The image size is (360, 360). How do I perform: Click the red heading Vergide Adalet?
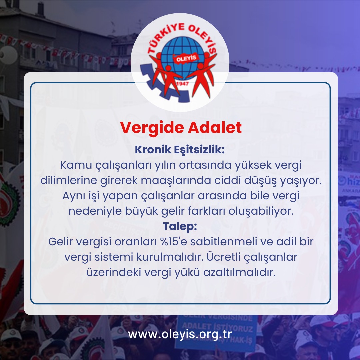tap(181, 128)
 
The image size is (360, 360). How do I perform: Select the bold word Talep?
tap(180, 226)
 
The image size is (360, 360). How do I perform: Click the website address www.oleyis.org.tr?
tap(180, 334)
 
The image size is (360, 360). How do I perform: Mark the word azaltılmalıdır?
tap(243, 272)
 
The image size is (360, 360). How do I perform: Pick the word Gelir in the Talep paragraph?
tap(60, 242)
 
